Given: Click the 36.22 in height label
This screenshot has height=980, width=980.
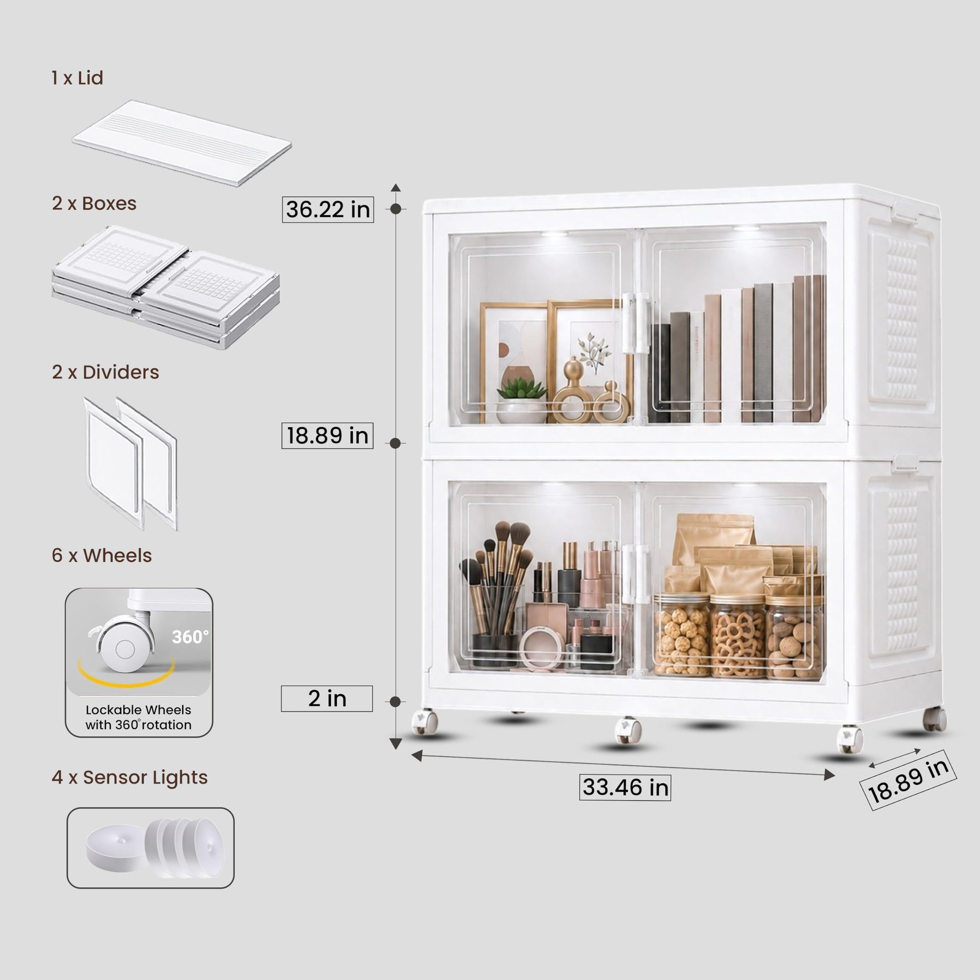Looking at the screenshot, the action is coord(328,209).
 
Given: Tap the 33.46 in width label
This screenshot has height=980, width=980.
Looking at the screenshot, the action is coord(625,787).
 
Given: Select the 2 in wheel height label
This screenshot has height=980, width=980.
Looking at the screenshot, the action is coord(327,698).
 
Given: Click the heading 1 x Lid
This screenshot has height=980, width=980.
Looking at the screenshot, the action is coord(78,78).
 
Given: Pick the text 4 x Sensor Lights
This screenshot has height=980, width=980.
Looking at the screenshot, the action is coord(130,777).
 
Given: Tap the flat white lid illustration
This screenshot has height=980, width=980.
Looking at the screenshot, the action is coord(182,143).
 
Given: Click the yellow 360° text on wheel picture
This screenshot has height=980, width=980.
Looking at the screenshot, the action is coord(190,636).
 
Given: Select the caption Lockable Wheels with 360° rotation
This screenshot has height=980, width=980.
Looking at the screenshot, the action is coord(138,717).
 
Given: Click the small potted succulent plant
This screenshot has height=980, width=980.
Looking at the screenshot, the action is coord(522,400).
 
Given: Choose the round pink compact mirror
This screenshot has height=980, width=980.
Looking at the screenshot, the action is coord(542,648).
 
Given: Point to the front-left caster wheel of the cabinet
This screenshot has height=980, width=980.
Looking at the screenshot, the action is coord(425,722).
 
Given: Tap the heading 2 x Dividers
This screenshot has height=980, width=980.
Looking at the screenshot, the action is coord(105,372).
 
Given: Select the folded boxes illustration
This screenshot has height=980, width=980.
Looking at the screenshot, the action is coord(166,287).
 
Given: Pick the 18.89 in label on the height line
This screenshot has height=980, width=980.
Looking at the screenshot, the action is coord(327,435).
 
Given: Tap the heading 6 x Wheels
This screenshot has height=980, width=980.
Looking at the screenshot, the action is coord(102,555).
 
